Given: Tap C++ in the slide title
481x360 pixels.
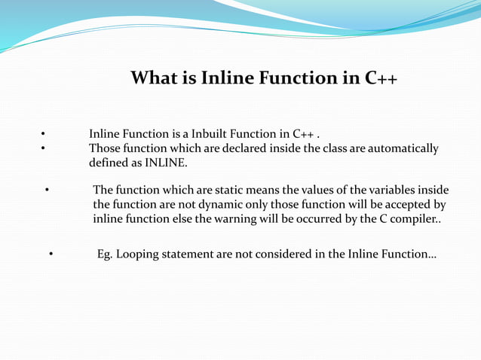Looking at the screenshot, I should click(x=381, y=78).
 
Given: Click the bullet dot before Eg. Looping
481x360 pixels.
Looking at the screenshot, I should click(x=51, y=255).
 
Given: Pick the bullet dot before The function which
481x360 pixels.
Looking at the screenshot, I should click(x=47, y=190).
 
